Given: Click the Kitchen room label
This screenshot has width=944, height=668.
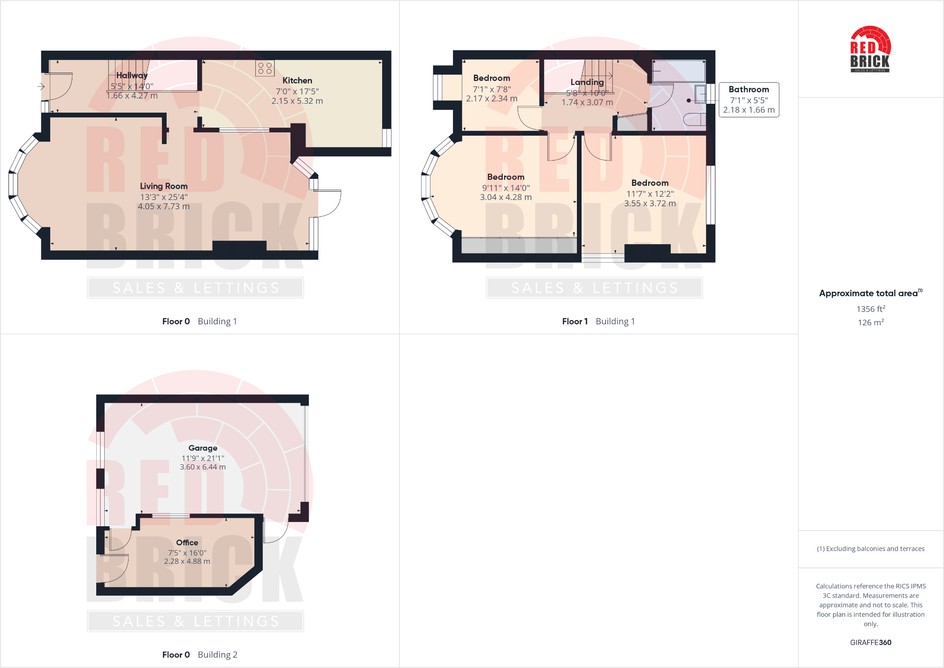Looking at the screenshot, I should click(x=297, y=81).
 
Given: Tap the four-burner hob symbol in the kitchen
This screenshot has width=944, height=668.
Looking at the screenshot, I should click(x=265, y=68).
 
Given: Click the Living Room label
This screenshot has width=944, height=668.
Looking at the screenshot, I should click(x=163, y=186).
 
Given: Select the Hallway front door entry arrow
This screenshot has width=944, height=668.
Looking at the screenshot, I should click(x=41, y=86).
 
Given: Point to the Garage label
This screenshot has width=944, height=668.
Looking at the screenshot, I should click(x=203, y=448).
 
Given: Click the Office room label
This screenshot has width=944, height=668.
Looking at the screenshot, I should click(x=187, y=543).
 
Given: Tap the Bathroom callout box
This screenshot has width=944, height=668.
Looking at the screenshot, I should click(x=749, y=100).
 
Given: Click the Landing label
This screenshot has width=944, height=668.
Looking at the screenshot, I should click(x=587, y=82).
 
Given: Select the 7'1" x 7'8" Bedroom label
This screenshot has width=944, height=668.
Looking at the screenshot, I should click(x=491, y=78).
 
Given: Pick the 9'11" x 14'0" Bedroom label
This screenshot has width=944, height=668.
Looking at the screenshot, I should click(x=506, y=177).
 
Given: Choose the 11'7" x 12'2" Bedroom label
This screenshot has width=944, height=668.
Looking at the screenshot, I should click(x=650, y=183).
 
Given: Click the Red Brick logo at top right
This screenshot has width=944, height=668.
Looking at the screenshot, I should click(x=870, y=49).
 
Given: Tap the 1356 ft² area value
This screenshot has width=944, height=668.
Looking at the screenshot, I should click(x=871, y=309).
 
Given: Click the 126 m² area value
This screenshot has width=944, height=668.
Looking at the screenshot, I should click(x=871, y=322).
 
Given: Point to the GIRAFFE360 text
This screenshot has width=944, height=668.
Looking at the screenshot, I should click(x=870, y=642).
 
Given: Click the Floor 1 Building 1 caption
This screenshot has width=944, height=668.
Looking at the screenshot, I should click(x=598, y=322).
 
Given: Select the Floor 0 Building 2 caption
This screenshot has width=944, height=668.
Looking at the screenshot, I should click(x=200, y=655).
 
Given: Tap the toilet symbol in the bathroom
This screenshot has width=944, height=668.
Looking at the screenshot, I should click(x=695, y=119).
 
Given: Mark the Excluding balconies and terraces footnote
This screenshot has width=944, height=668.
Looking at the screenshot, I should click(x=870, y=549).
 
